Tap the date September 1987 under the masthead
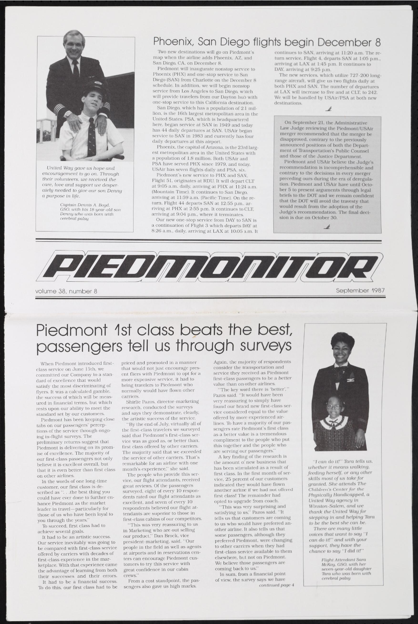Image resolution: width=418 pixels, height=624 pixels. tap(360, 290)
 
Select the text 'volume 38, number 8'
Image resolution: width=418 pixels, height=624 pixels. tap(66, 292)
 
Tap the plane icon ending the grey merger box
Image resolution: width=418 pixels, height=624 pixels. tap(327, 226)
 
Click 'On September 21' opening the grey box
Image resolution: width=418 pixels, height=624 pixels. tap(305, 123)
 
